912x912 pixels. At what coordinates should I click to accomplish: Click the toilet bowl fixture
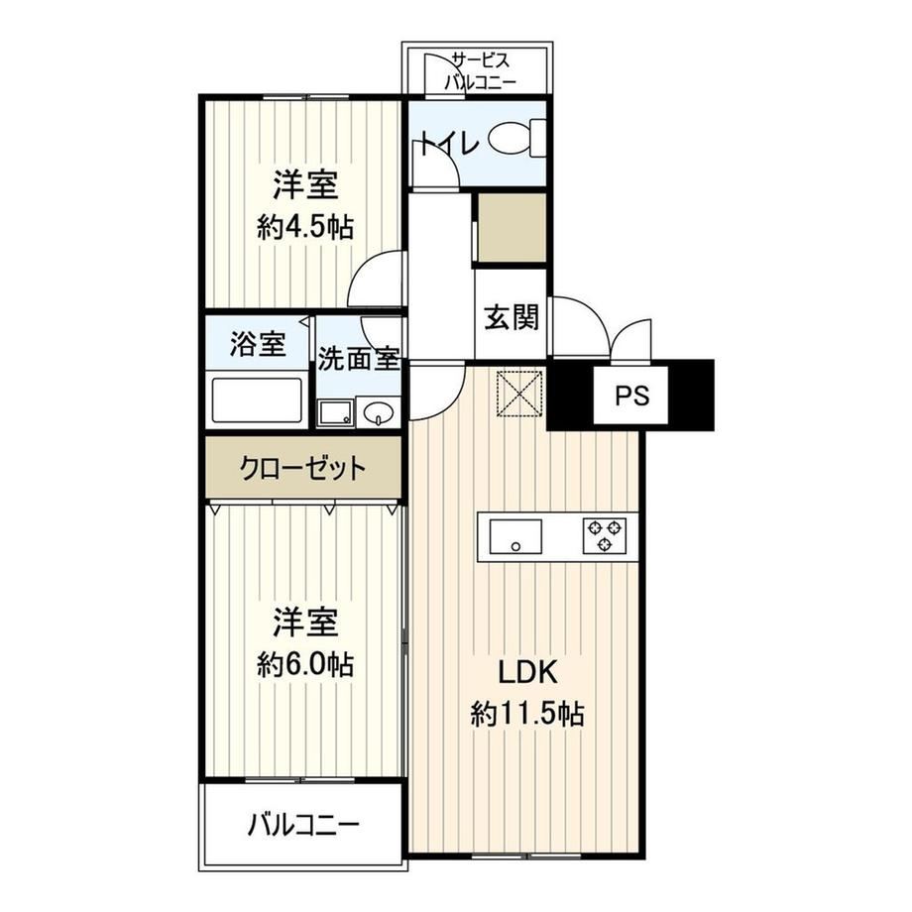click(516, 138)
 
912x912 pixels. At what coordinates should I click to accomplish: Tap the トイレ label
click(450, 143)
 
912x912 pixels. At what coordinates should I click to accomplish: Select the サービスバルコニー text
click(481, 71)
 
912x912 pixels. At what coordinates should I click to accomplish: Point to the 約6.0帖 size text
click(305, 664)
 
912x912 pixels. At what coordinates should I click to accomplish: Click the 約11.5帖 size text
click(527, 713)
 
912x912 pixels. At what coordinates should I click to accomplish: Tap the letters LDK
click(527, 672)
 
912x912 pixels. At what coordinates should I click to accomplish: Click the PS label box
click(631, 396)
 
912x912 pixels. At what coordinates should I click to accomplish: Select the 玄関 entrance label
click(512, 317)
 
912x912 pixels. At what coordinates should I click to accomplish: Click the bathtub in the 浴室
click(257, 400)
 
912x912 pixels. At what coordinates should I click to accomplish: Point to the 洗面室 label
click(358, 358)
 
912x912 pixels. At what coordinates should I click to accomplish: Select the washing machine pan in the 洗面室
click(336, 413)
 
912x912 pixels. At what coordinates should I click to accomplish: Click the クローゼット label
click(303, 467)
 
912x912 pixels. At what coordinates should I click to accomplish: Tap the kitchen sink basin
click(515, 536)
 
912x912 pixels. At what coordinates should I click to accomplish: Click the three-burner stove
click(605, 535)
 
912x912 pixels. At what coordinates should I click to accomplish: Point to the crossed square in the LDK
click(519, 394)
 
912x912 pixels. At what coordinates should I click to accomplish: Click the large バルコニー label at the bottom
click(303, 824)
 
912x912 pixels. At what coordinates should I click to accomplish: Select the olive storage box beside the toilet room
click(512, 227)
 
